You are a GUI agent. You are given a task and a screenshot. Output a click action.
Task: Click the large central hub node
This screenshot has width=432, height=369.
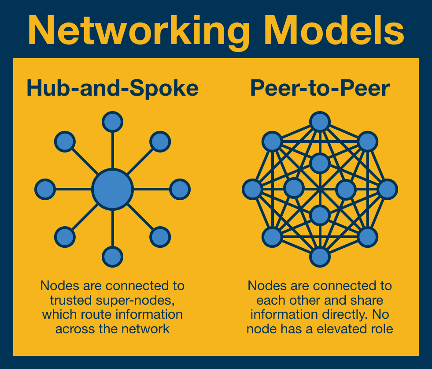[x=112, y=189]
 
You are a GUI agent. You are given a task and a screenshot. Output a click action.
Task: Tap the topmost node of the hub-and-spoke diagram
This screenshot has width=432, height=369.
[x=112, y=122]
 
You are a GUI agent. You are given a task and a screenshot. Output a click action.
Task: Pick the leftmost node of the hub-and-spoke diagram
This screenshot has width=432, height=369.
[x=45, y=190]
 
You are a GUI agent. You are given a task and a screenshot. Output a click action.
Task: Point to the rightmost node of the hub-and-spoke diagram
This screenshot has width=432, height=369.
[x=180, y=190]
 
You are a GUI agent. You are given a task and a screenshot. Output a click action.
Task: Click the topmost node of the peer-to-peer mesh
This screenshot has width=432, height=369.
[x=320, y=122]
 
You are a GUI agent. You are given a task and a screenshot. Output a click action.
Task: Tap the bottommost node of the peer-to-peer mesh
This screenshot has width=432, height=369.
[x=320, y=257]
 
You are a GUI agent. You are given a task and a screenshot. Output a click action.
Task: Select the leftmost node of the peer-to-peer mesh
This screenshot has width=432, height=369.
[x=253, y=190]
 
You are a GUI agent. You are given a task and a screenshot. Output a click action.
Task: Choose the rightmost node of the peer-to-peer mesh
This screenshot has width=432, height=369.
[x=388, y=190]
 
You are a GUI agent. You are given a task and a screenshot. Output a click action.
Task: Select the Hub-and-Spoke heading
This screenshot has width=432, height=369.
[x=112, y=89]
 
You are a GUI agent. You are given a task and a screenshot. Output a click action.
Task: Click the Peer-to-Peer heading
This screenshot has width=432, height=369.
[x=320, y=89]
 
